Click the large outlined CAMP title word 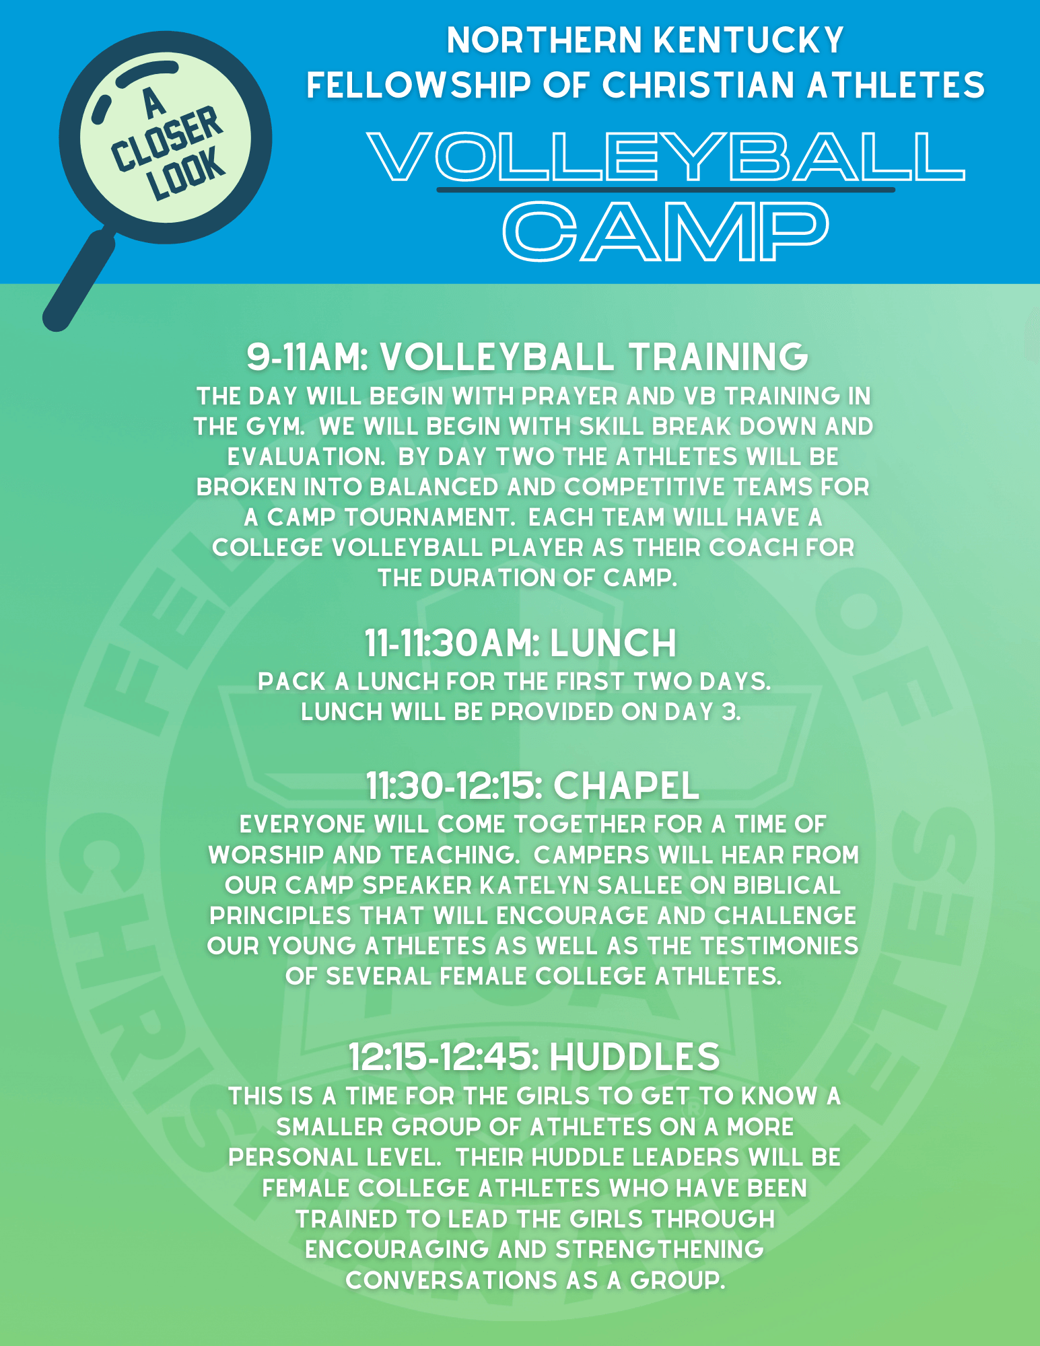(666, 232)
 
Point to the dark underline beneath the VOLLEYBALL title (666, 190)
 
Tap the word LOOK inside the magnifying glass (186, 174)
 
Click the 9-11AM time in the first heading (306, 357)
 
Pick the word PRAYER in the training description (569, 396)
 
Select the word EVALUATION (306, 457)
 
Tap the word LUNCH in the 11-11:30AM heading (613, 643)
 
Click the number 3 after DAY (730, 712)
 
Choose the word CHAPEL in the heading (626, 786)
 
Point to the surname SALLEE (639, 886)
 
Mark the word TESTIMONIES (779, 946)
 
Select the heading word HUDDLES (635, 1057)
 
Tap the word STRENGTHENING (659, 1250)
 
